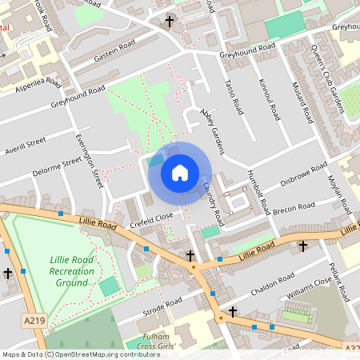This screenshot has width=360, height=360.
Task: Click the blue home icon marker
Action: point(180,172)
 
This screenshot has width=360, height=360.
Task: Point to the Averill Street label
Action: point(25,146)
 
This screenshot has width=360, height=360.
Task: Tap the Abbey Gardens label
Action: point(214,129)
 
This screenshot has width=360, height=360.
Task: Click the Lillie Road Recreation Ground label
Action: point(72,272)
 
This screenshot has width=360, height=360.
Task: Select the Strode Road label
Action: point(162,303)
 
